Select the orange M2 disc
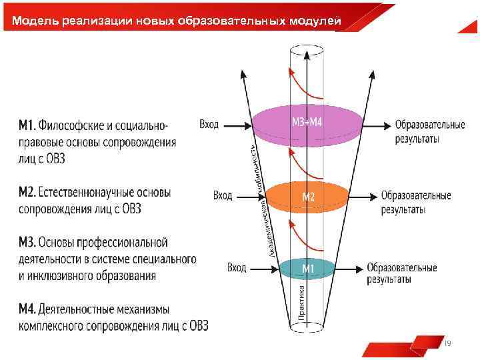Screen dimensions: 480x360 click(307, 197)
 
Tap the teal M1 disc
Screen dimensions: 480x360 click(307, 269)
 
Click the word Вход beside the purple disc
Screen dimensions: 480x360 click(209, 124)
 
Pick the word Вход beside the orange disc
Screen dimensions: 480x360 click(223, 195)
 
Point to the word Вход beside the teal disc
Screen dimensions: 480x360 click(237, 267)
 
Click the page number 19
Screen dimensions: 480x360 click(447, 343)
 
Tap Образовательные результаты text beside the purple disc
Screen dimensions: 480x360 click(429, 131)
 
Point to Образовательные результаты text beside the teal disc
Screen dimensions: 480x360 click(401, 273)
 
